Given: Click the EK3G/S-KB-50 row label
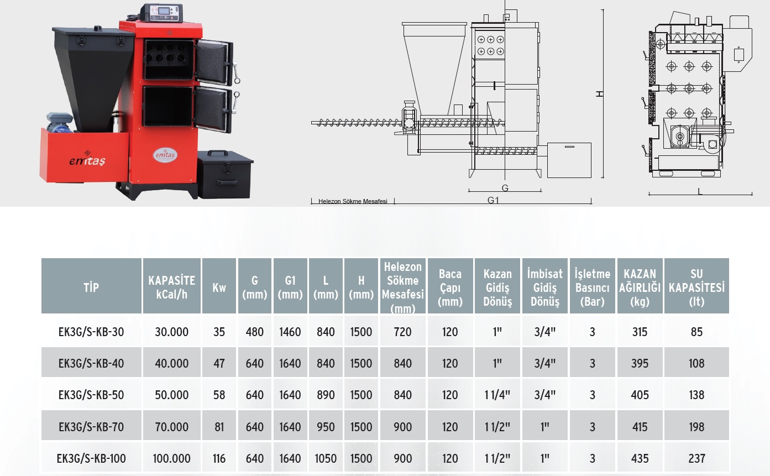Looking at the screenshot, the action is point(91,395).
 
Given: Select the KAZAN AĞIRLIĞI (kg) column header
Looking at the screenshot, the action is point(640,287).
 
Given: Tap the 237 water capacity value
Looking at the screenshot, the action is point(696,458).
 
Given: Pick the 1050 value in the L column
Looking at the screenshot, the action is point(326,458).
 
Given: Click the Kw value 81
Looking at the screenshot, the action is point(219,427).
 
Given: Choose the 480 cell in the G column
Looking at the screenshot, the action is point(254,332).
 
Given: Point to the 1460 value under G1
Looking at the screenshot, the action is point(290,332).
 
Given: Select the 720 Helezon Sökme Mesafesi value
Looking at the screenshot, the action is point(402,332).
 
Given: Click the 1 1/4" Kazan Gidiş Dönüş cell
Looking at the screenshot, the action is point(497,395).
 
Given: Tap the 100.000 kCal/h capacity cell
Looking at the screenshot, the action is point(171,458).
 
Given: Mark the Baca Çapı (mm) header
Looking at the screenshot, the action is point(450,287).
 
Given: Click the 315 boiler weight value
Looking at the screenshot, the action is point(640,332).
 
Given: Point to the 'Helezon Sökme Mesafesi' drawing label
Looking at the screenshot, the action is point(353,201).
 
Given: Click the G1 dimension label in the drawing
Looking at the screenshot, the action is point(493,200).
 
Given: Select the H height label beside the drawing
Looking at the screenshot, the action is point(600,94).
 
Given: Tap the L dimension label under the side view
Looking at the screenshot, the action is point(700,191).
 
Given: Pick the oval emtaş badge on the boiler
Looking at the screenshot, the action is point(165,155).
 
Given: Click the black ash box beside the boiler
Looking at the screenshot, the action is point(225,175).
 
